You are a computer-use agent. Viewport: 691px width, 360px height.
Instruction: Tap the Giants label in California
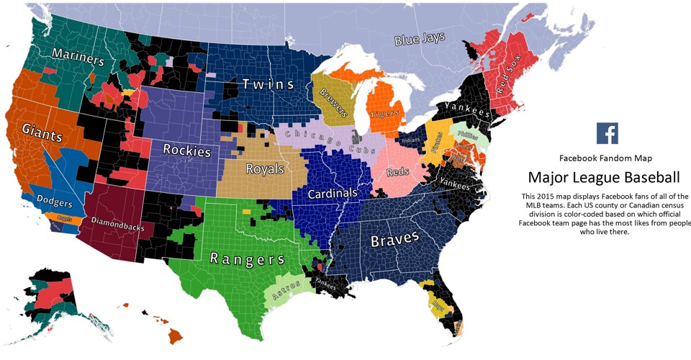(42, 132)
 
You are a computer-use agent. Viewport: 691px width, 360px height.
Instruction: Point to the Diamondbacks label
(117, 223)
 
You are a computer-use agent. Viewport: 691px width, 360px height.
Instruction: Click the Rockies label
(186, 151)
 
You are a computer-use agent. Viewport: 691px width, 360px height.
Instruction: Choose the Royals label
(265, 169)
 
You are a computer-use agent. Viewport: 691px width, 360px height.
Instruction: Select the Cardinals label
(332, 194)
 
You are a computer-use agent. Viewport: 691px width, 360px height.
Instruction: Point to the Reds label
(397, 173)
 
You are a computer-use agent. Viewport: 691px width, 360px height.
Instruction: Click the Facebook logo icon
(607, 133)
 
